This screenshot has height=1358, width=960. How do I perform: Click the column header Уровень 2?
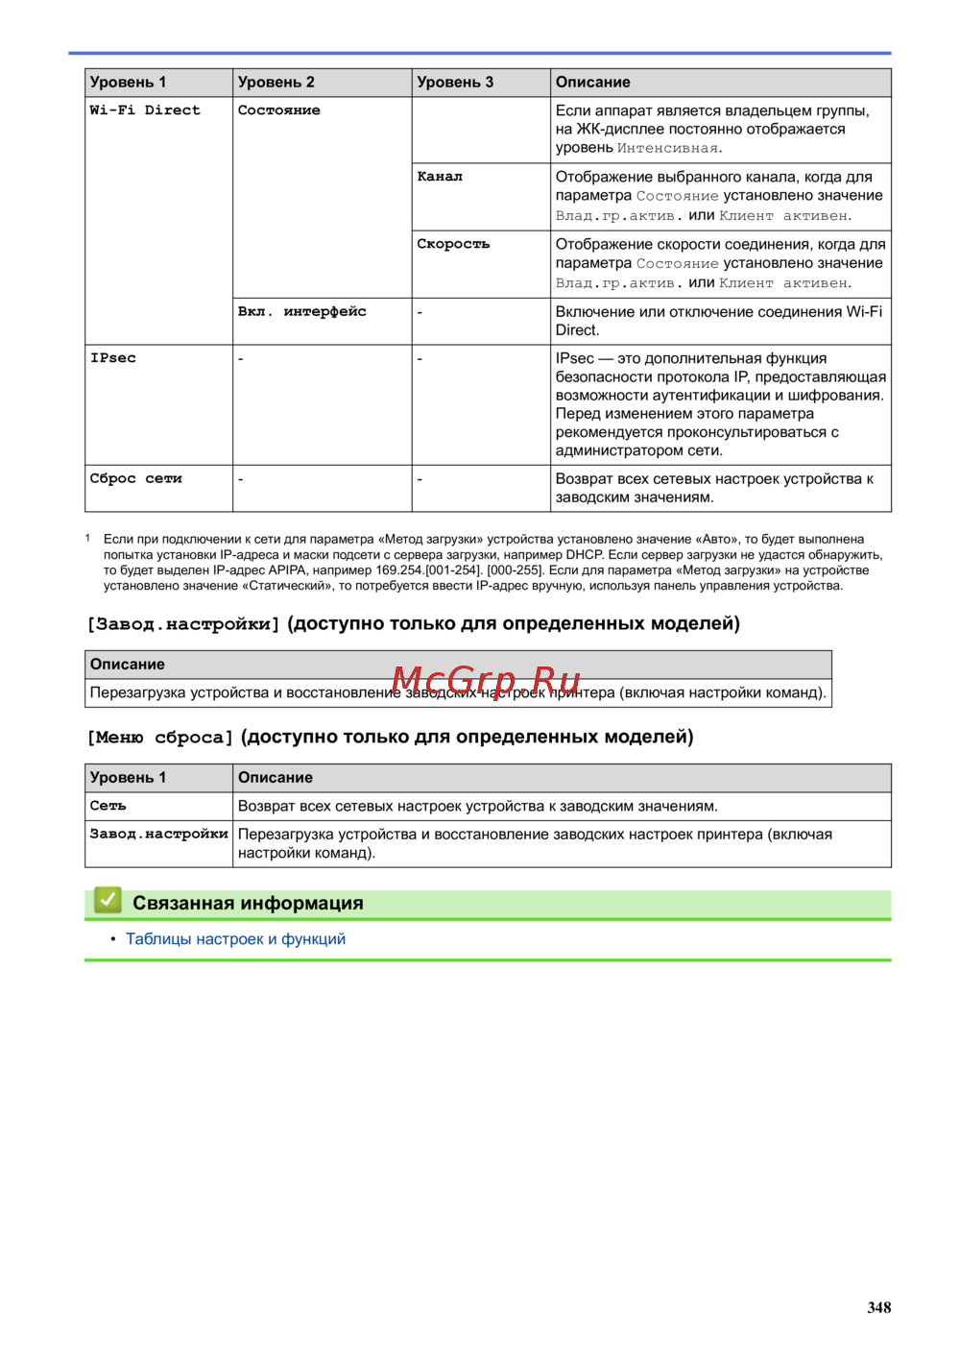tap(276, 83)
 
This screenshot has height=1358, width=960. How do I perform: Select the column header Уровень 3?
tap(455, 83)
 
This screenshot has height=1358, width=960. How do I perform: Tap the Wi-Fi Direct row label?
tap(145, 110)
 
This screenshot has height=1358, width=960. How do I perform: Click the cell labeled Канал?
tap(440, 177)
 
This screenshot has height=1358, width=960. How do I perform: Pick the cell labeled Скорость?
tap(453, 244)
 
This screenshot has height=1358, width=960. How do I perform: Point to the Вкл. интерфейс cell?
tap(302, 311)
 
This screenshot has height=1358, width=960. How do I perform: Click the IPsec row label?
tap(113, 358)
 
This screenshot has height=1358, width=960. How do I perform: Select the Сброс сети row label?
tap(135, 478)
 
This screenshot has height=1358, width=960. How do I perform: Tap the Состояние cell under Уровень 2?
tap(279, 110)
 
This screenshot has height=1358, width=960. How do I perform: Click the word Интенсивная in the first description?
tap(667, 148)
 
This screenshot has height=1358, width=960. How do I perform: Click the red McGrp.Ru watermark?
tap(486, 681)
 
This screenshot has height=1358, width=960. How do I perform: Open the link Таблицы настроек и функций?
tap(235, 939)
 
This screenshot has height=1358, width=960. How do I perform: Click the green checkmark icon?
tap(108, 901)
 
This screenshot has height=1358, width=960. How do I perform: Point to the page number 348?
tap(878, 1307)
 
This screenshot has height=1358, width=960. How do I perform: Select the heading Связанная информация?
tap(248, 903)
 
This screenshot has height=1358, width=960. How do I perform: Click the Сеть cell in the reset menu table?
tap(108, 806)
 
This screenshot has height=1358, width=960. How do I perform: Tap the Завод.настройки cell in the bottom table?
tap(158, 834)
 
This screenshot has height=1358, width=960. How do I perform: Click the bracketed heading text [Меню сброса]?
tap(160, 738)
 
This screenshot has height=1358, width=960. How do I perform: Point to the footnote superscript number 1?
tap(88, 538)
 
